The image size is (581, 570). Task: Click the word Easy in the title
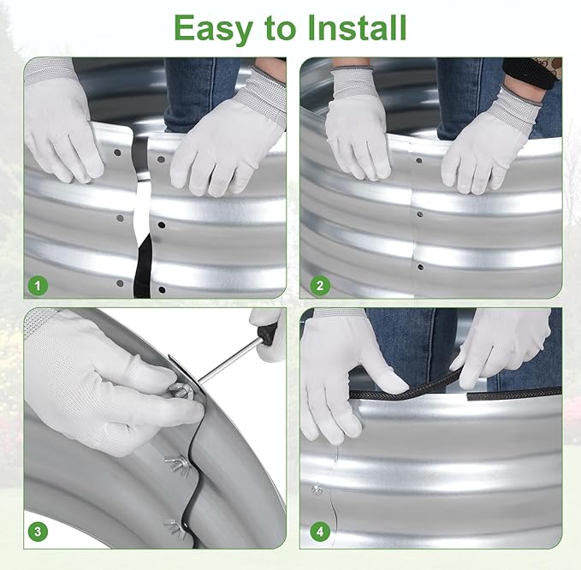coord(213,29)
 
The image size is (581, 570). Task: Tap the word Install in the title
coord(357,27)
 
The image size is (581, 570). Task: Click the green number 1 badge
coord(38,286)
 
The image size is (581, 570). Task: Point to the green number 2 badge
coord(320,286)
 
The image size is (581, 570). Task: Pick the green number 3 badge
coord(38,531)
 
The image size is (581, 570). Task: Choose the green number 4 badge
coord(320,531)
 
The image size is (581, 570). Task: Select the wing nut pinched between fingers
coord(181,392)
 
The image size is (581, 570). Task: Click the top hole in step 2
coord(418,161)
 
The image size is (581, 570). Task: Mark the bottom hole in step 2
coord(420,267)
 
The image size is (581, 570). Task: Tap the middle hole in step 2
coord(419,214)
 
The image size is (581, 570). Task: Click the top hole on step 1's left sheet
coord(117,152)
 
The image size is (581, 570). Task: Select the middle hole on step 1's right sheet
coord(162,224)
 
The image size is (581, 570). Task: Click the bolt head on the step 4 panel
coord(317,490)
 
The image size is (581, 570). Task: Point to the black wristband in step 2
coord(529,74)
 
